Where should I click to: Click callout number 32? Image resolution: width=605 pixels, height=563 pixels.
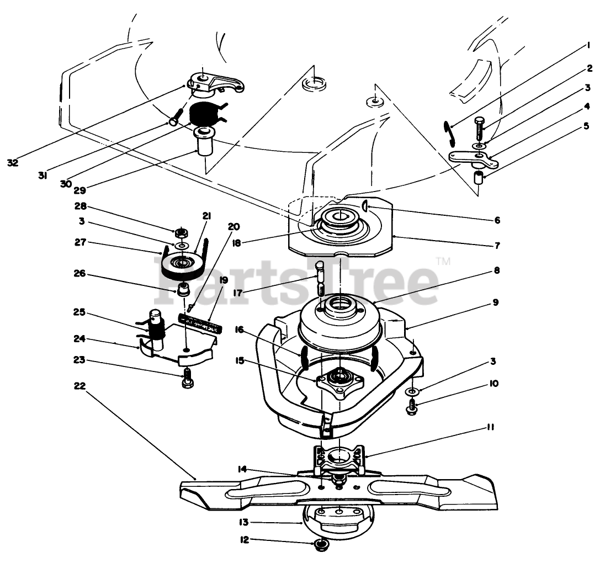[x=13, y=162]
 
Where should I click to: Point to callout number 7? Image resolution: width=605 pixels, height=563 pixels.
[x=497, y=245]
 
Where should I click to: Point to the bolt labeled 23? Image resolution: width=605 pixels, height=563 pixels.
[x=188, y=379]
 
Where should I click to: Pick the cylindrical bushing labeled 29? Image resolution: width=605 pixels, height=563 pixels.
[x=205, y=144]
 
